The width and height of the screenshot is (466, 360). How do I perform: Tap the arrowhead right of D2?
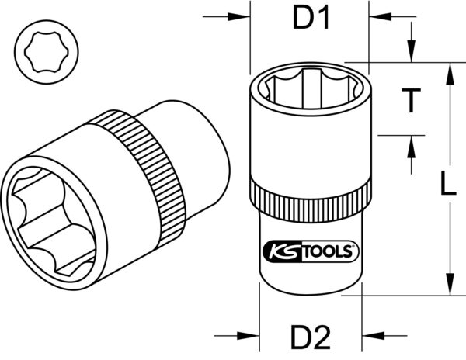(x=374, y=337)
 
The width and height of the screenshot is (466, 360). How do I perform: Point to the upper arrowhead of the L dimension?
(x=448, y=71)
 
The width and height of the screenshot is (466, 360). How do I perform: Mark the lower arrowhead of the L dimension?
(x=448, y=287)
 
